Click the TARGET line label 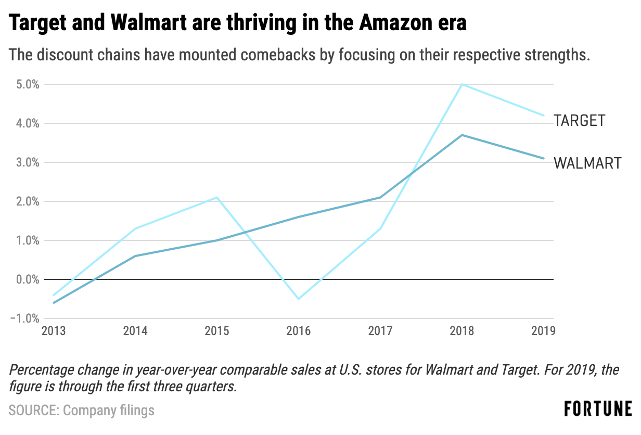click(x=580, y=121)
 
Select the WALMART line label click(x=587, y=163)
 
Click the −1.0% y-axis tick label click(x=24, y=318)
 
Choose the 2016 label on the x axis click(x=299, y=331)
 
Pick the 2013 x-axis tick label click(x=54, y=331)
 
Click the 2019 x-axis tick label click(x=543, y=331)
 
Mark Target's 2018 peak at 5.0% click(x=462, y=84)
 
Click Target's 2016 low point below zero click(x=299, y=299)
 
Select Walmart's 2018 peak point click(x=462, y=135)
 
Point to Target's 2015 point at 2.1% click(x=217, y=197)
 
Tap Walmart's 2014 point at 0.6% click(x=135, y=256)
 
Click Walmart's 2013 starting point click(x=54, y=302)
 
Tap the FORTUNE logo click(x=598, y=408)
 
